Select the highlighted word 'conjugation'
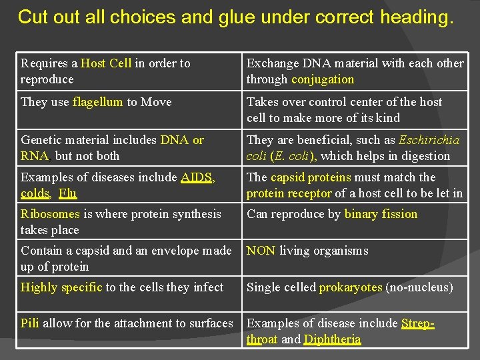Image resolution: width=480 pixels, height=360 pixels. [323, 79]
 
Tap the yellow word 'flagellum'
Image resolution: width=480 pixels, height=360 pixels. [98, 102]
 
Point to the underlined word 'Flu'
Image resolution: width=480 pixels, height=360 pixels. [67, 193]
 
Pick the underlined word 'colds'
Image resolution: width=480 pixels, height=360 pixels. [35, 193]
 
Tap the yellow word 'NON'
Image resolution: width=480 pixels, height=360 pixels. [261, 251]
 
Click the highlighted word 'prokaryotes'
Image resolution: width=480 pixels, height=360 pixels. [350, 287]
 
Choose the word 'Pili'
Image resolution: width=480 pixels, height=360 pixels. [29, 323]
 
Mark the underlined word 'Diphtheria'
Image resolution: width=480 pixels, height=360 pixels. [332, 339]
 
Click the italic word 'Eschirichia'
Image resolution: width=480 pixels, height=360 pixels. [429, 140]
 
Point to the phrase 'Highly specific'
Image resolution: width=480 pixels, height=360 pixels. [61, 287]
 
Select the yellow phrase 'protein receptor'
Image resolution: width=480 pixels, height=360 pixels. [289, 193]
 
